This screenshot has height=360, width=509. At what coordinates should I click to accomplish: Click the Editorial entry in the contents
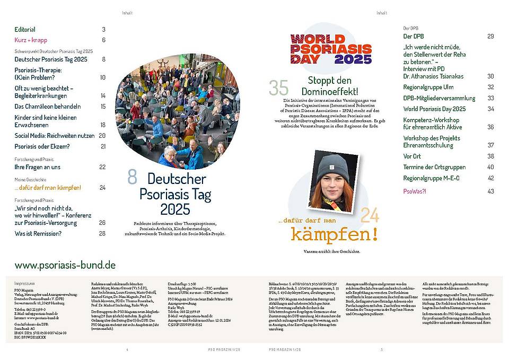pos(25,30)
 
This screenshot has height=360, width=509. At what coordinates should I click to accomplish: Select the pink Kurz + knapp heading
pos(30,40)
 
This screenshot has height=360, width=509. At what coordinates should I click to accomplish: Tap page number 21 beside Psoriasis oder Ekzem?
pos(103,146)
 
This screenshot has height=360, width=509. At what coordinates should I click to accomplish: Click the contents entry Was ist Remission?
pos(38,233)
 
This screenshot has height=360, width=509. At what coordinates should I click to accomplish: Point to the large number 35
pos(278,88)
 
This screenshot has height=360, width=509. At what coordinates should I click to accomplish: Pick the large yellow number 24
pos(370,215)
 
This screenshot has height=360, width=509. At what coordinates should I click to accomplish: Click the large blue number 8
pos(132,178)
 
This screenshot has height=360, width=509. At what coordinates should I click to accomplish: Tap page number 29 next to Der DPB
pos(490,36)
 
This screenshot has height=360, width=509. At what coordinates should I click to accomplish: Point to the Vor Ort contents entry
pos(413,156)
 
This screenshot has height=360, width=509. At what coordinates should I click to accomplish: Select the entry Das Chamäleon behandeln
pos(48,107)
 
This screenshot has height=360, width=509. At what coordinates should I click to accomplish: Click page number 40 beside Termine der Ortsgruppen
pos(490,167)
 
